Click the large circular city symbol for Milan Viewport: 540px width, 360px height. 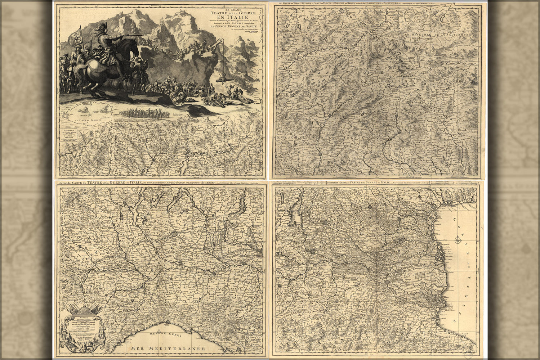(175, 234)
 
